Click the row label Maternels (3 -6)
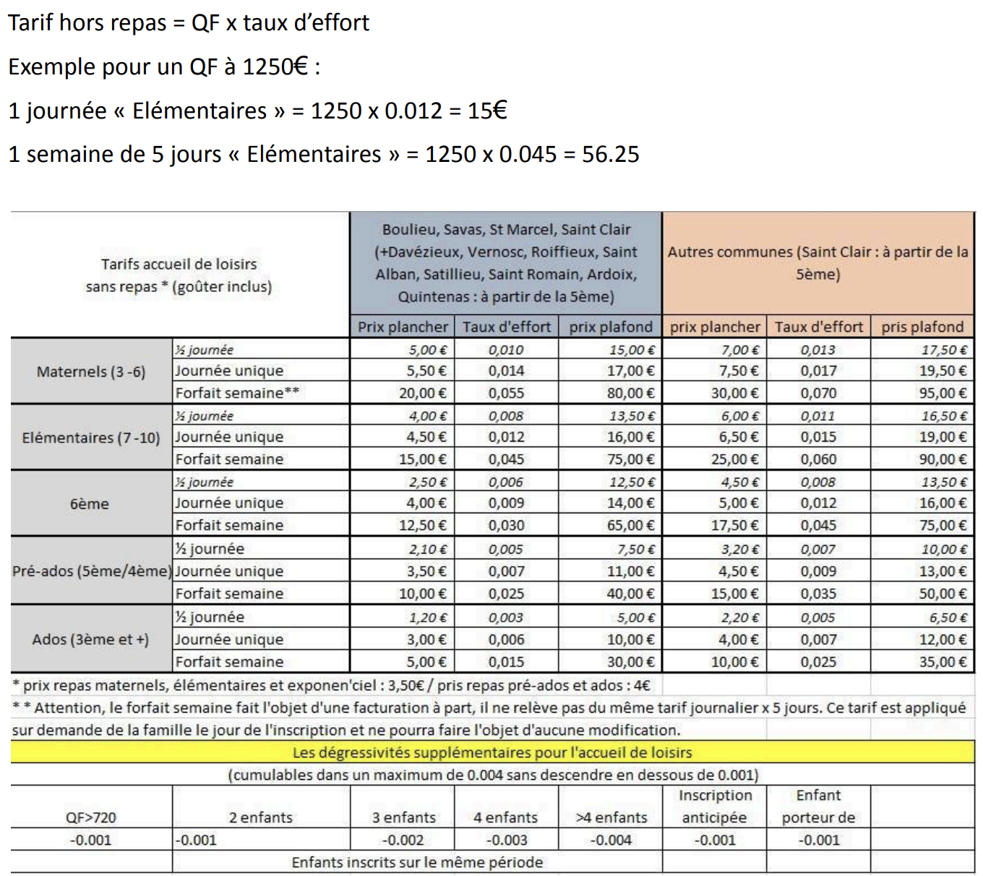point(91,372)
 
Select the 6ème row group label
point(90,504)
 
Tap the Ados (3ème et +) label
point(90,640)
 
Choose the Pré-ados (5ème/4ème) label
point(92,571)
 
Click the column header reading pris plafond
point(922,327)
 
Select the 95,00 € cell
point(943,393)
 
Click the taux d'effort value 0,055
point(506,393)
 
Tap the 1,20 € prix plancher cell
point(428,618)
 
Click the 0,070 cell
point(818,393)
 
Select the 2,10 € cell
point(428,549)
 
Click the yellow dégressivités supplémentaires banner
point(492,752)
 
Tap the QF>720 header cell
point(91,817)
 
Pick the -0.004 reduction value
point(611,840)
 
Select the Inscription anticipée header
point(715,807)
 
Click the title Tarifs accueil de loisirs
point(179,264)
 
